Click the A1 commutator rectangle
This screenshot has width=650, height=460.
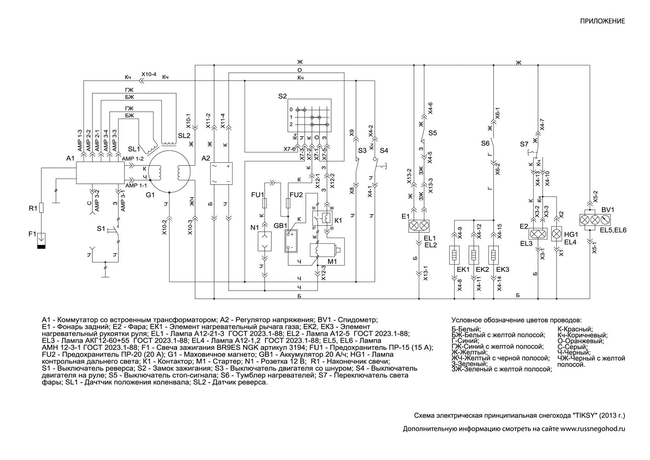[100, 173]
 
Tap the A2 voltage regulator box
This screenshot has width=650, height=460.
[221, 173]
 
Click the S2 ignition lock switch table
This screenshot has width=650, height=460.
[309, 116]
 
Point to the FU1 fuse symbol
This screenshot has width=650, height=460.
[264, 203]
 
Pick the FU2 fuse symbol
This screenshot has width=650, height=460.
[288, 203]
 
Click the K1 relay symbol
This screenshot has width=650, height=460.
[322, 218]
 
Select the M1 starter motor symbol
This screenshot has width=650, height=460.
[324, 250]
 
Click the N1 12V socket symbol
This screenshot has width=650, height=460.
[264, 241]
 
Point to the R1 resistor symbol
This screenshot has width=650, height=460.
[41, 208]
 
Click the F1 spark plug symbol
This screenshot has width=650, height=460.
[41, 241]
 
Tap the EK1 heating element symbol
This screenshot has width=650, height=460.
[454, 255]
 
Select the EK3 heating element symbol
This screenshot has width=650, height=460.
[493, 255]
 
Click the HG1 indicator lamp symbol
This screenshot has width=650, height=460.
[556, 234]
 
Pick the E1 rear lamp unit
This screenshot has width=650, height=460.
[419, 226]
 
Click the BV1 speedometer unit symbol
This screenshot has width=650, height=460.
[595, 220]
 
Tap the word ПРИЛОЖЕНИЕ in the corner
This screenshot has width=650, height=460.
[602, 21]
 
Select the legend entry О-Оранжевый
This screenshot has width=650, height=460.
[581, 341]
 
